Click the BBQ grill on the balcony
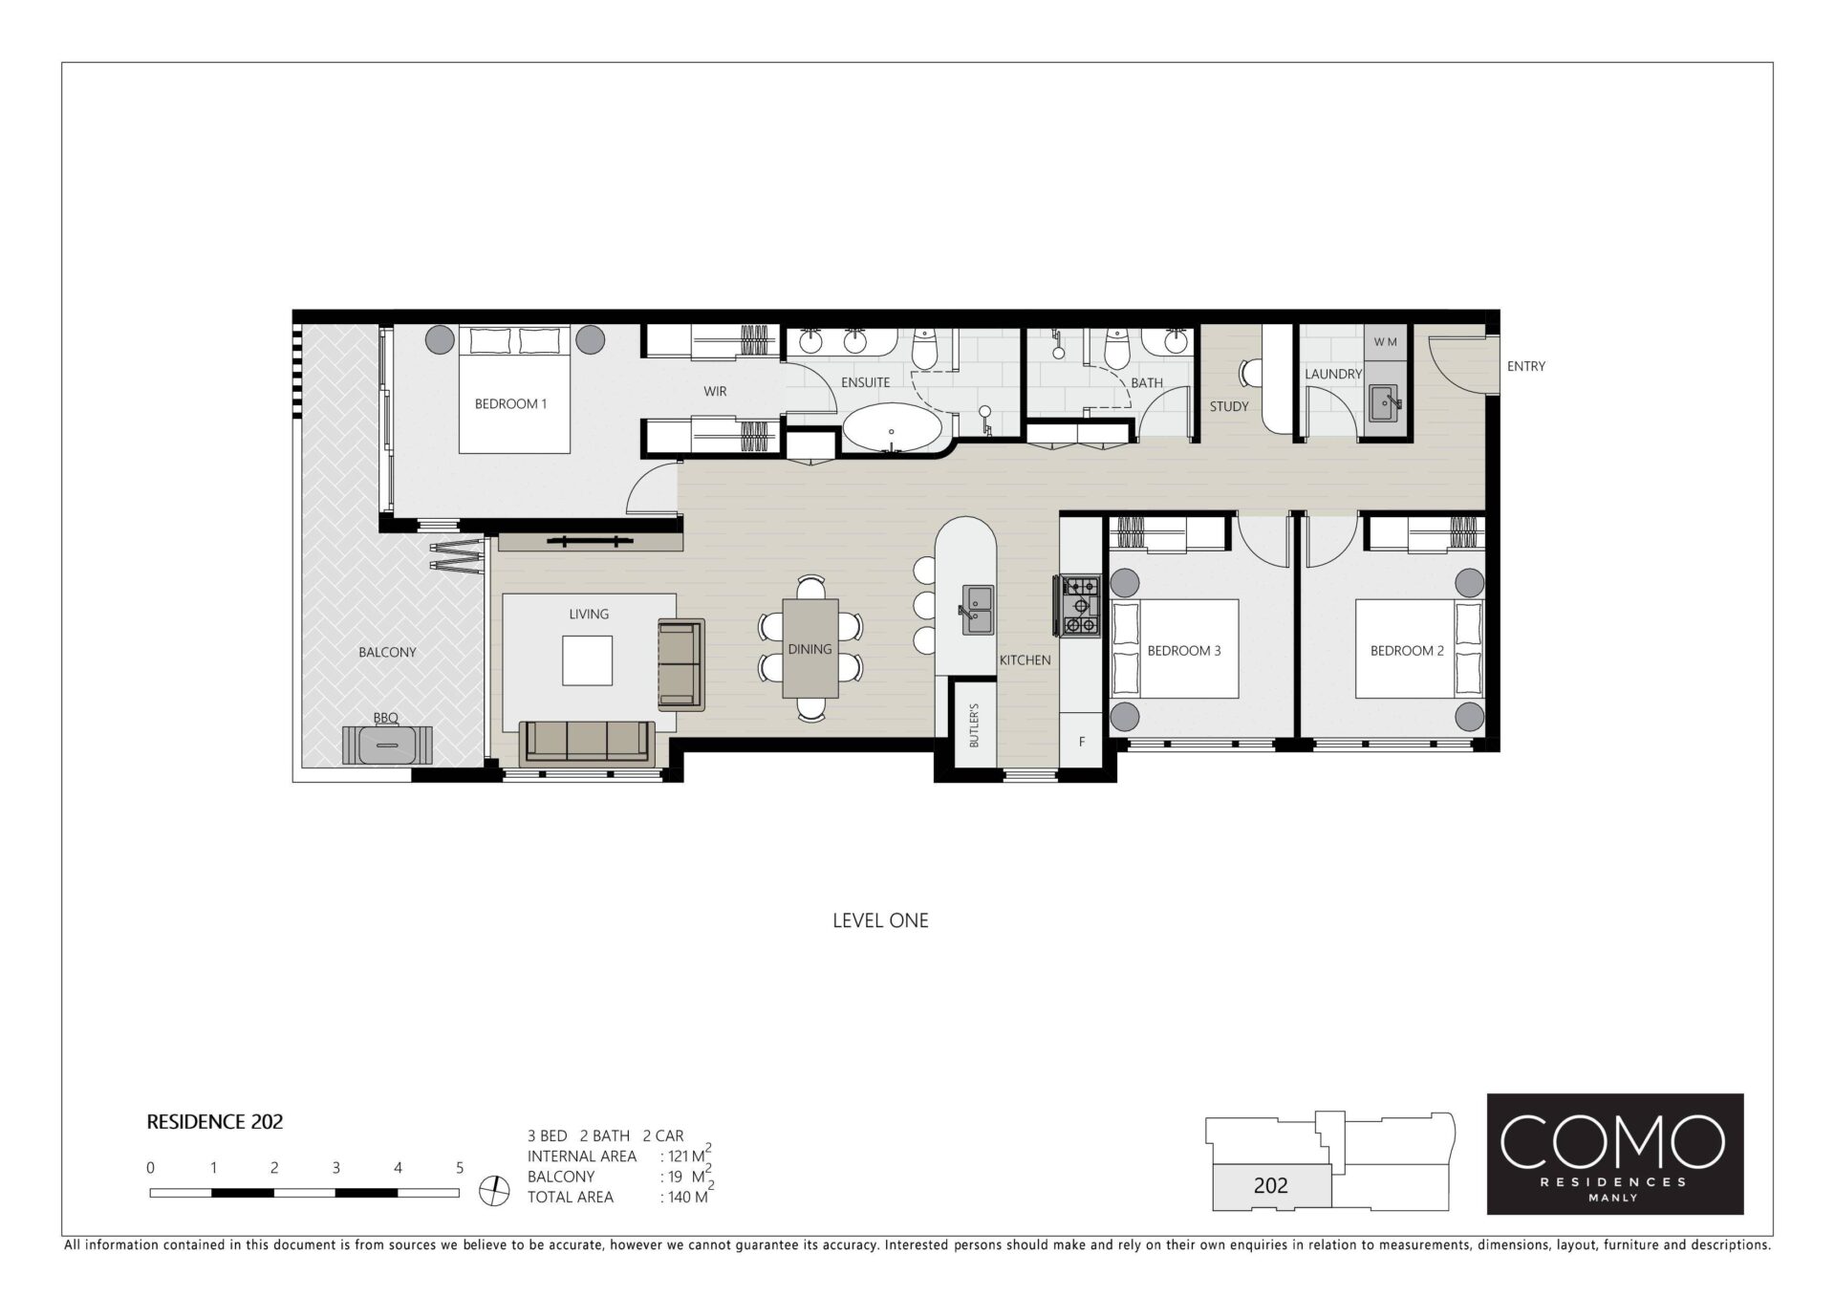coord(387,745)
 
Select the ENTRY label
coord(1525,366)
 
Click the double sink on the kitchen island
coord(978,610)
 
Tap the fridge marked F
coord(1082,742)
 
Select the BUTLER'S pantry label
coord(975,724)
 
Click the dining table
coord(810,648)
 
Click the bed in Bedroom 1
coord(515,389)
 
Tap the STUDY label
coord(1229,406)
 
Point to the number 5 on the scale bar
coord(460,1167)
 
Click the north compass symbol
coord(494,1190)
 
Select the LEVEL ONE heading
coord(880,920)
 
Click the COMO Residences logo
coord(1615,1154)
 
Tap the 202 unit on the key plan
coord(1271,1186)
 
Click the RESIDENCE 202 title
coord(215,1122)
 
